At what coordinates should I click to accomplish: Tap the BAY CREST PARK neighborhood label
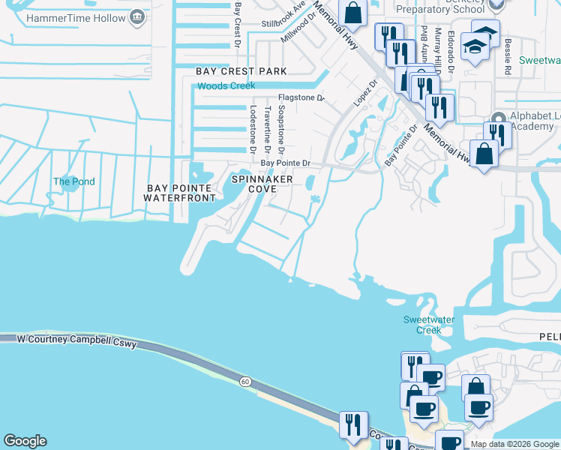(x=241, y=70)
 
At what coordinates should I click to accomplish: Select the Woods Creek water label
(x=226, y=86)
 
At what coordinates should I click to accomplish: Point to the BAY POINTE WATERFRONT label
(x=181, y=193)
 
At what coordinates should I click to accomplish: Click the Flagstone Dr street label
(x=300, y=97)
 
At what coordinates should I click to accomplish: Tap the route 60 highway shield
(x=245, y=382)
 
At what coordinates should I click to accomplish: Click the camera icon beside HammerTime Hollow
(x=137, y=16)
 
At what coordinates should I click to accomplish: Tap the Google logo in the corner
(x=25, y=441)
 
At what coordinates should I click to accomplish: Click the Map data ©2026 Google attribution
(x=514, y=444)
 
